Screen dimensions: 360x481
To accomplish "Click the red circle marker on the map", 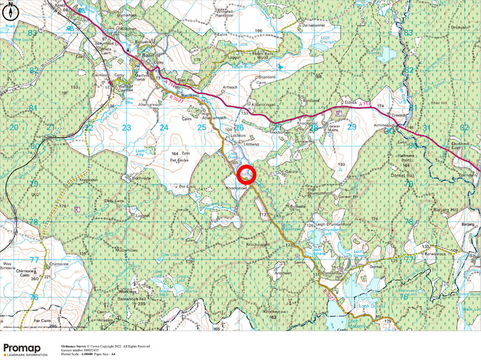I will pyautogui.click(x=247, y=175).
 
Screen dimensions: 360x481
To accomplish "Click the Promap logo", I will pyautogui.click(x=25, y=350).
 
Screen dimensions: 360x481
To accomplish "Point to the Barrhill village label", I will pyautogui.click(x=147, y=55).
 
